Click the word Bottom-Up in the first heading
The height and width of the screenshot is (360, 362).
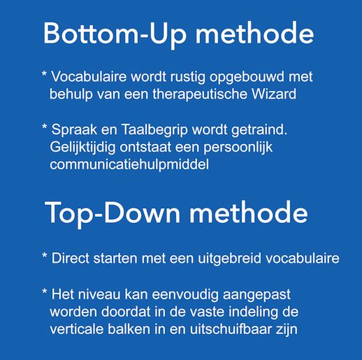tap(115, 34)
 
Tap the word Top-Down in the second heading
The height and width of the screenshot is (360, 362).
tap(113, 213)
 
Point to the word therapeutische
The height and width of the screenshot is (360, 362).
tap(200, 95)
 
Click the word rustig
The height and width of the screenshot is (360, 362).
tap(188, 78)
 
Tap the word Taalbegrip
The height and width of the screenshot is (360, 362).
tap(154, 130)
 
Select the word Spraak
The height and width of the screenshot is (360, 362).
tap(74, 130)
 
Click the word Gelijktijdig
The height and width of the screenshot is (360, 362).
tap(82, 147)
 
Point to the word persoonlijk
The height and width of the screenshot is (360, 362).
tap(238, 147)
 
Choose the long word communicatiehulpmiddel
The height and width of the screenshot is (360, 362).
tap(129, 164)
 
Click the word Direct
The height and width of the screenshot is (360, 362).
tap(71, 258)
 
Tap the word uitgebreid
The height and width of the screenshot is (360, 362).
tap(229, 259)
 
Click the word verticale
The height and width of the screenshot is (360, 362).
tap(77, 329)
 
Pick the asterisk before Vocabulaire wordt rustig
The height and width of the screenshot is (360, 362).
tap(44, 74)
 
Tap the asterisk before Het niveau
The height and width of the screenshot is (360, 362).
tap(45, 291)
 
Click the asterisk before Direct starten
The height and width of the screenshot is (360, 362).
tap(45, 255)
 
